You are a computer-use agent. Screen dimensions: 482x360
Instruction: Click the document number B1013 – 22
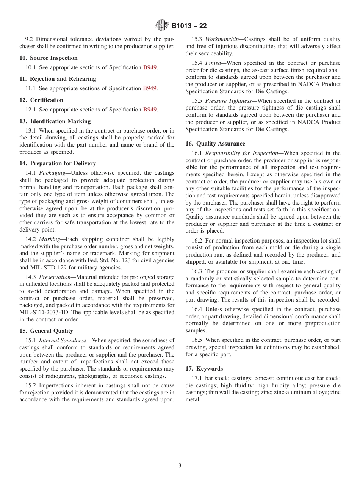coord(189,26)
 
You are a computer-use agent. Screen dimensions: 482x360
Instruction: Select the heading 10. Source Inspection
coord(49,58)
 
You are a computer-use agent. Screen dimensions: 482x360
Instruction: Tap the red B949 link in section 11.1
coord(150,88)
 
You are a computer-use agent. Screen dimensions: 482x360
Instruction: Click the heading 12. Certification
coord(41,100)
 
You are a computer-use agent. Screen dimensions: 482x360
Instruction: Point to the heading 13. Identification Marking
coord(55,121)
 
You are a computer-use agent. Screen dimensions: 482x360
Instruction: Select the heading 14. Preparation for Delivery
coord(58,163)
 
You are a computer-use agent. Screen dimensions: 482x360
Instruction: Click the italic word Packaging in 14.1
coord(52,173)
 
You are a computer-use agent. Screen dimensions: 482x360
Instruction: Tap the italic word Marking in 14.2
coord(50,239)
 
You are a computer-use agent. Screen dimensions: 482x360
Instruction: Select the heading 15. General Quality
coord(46,331)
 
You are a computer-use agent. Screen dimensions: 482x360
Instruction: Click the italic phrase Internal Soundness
coord(63,340)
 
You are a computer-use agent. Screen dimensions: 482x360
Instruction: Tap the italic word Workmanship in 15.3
coord(222,39)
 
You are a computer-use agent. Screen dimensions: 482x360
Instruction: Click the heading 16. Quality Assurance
coord(215,144)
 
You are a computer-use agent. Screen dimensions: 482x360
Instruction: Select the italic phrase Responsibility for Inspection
coord(242,153)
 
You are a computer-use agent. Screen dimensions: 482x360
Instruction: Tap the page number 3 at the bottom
coord(180,466)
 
